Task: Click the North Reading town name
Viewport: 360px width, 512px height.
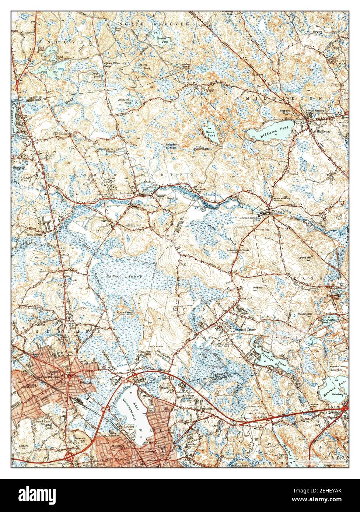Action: coord(168,198)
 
